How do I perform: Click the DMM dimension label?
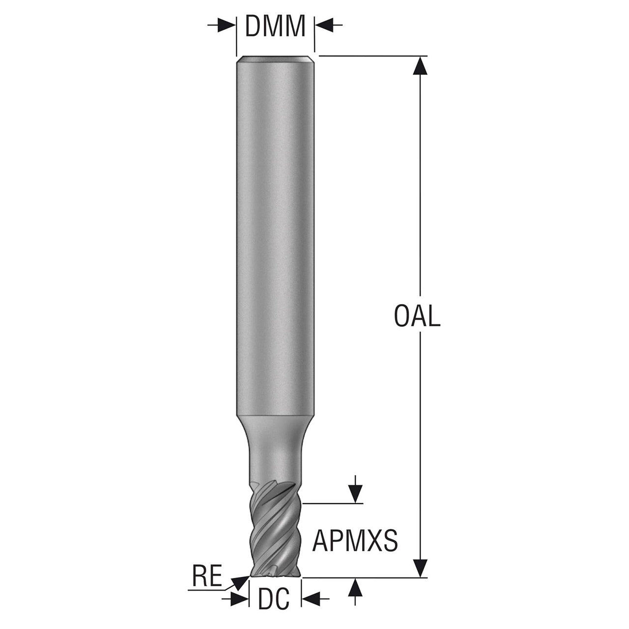click(x=275, y=26)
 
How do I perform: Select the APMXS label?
click(x=355, y=541)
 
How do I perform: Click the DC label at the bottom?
click(x=274, y=608)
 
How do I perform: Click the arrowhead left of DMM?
click(x=227, y=25)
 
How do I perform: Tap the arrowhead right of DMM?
click(x=324, y=25)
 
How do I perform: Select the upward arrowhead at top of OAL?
click(x=420, y=66)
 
